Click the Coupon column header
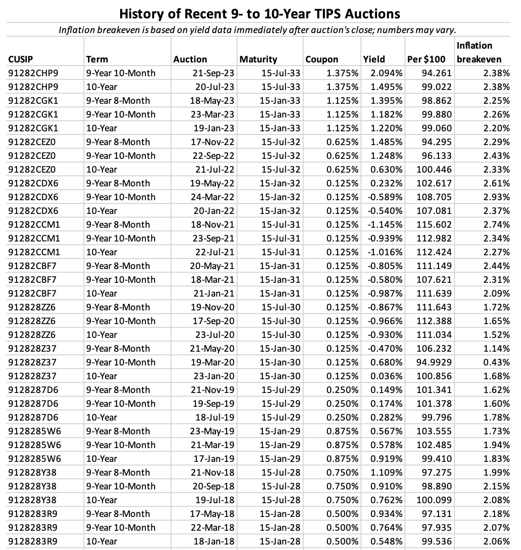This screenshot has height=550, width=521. (321, 59)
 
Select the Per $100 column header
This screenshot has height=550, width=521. (426, 59)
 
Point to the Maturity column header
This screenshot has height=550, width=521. (258, 59)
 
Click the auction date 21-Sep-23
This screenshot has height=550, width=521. (213, 73)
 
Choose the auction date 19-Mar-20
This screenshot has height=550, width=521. (213, 362)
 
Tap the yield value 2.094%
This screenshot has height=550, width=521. (383, 73)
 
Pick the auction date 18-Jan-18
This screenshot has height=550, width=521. (214, 541)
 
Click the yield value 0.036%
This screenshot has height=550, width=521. (383, 376)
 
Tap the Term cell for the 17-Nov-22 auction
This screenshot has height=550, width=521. (118, 142)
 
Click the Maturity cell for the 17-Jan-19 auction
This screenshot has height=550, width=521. (280, 459)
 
